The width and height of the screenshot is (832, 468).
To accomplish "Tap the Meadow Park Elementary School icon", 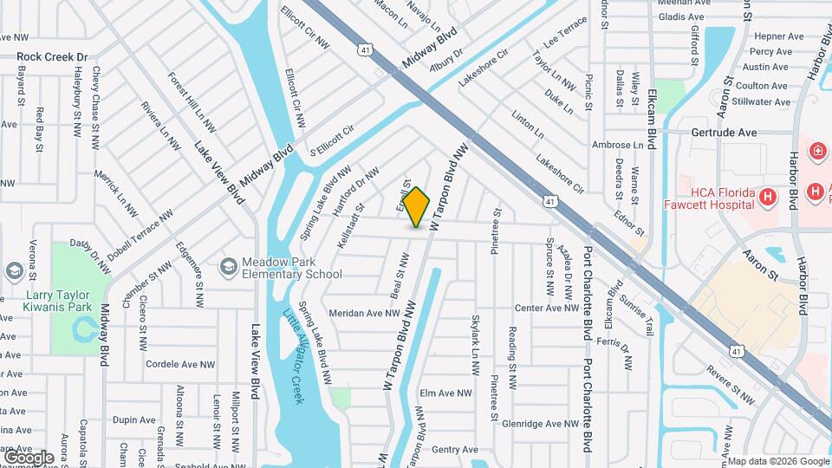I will point(229,265).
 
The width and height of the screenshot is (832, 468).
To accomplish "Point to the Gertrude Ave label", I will point(725,133).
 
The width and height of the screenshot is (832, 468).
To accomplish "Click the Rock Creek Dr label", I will point(53,57).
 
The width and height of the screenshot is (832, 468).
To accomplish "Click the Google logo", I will point(29,457).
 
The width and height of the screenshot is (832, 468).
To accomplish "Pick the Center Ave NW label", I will point(546,308).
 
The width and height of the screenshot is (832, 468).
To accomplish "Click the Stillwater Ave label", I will point(759,101).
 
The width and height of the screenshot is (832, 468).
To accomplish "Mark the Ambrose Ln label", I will point(617,145).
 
